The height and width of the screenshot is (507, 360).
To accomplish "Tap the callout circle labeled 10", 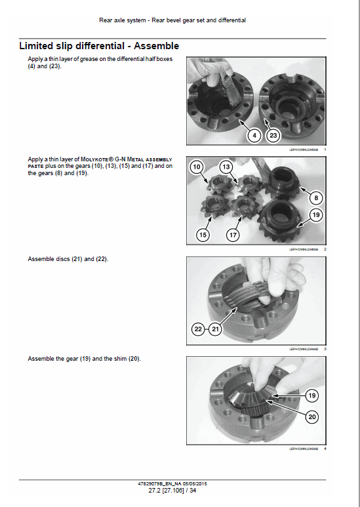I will coord(197,168).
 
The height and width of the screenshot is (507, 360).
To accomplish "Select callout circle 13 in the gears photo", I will coord(226,168).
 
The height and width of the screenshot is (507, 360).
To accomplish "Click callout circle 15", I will coord(203,234).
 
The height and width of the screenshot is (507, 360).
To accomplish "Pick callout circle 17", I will coord(233,234).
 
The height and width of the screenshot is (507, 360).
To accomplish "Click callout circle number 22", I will coord(198,329).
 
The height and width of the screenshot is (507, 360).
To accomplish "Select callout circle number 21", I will coord(216,329).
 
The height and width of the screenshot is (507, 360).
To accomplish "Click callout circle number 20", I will coord(312,416).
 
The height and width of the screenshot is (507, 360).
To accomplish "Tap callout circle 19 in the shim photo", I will coord(312,395).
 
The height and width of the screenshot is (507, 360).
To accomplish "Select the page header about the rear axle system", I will coord(172,20).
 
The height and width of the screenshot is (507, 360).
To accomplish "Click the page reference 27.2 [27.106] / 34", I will coord(172,490).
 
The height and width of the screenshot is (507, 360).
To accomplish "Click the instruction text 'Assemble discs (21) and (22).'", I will coord(68,259).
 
